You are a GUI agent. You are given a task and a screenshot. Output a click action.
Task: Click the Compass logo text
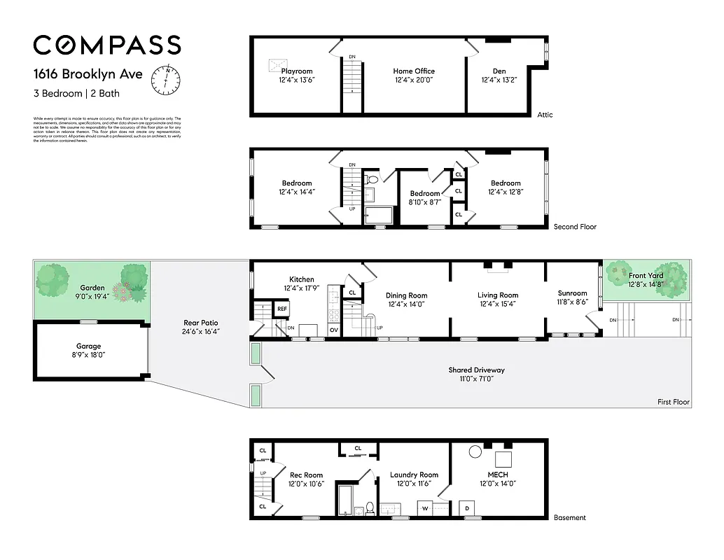coord(107,45)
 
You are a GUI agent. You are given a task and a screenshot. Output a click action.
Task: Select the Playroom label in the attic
coord(297,71)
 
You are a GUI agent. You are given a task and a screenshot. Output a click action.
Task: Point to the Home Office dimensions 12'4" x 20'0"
coord(414,80)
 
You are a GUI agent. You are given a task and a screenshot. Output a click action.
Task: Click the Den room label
coord(499,71)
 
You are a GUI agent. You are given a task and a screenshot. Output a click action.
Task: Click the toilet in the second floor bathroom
coord(373,180)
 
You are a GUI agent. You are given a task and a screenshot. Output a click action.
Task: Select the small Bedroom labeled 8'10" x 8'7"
coord(425,194)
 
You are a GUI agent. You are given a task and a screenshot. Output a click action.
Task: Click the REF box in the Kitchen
coord(282,309)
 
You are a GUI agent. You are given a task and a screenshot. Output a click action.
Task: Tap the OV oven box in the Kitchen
coord(334,329)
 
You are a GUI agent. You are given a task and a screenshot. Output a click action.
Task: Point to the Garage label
coord(89,346)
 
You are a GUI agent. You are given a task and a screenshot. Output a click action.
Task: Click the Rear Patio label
coord(200,323)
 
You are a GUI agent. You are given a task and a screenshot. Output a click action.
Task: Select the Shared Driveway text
coord(476,370)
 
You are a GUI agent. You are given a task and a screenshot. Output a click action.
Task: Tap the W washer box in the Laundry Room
coord(424,508)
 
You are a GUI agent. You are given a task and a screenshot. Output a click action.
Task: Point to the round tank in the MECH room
coord(475,451)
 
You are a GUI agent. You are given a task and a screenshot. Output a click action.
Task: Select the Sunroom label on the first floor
coord(572,293)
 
